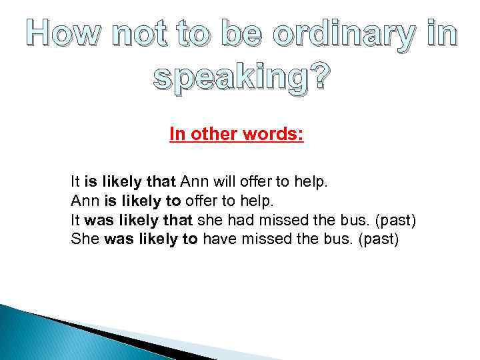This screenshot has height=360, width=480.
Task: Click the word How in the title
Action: [x=63, y=33]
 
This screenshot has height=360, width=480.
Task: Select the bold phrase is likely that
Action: [x=131, y=181]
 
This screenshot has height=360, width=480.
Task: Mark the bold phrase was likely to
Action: [x=151, y=239]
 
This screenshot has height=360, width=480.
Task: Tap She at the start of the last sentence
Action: [x=85, y=239]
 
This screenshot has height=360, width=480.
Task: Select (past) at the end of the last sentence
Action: [x=378, y=239]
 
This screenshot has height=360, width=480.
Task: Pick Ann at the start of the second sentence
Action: [x=83, y=200]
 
